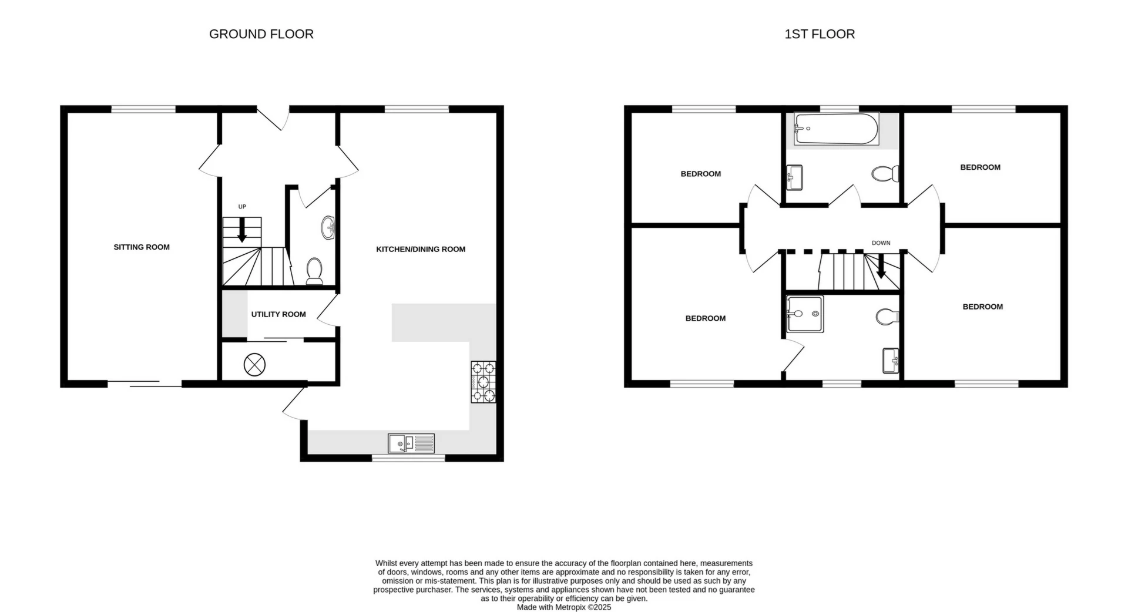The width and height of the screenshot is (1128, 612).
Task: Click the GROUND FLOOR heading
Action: (261, 34)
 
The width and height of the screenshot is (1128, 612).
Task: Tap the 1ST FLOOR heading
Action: (820, 34)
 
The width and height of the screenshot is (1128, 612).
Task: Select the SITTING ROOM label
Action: (142, 247)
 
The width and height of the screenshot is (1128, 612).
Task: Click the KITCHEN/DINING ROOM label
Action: (421, 249)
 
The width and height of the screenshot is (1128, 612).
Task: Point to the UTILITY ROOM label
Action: (278, 314)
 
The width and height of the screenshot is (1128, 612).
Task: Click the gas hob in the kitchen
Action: (483, 382)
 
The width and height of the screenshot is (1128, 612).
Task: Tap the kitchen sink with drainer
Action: (411, 443)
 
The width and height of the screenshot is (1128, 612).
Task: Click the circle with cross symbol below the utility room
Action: (254, 365)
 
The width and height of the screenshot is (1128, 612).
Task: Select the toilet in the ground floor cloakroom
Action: (314, 271)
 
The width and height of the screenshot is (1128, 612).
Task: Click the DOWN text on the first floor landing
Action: (881, 243)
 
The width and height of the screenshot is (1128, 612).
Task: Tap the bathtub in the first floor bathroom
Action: (836, 129)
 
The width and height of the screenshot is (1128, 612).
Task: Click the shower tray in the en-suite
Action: (804, 314)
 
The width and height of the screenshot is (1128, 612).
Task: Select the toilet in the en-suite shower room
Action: (887, 317)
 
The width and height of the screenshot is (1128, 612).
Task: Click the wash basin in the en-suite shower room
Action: (891, 361)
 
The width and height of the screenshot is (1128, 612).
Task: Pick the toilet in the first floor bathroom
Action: (885, 174)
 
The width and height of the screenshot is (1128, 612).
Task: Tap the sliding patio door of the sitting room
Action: (145, 384)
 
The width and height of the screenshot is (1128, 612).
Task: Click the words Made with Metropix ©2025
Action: (563, 607)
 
